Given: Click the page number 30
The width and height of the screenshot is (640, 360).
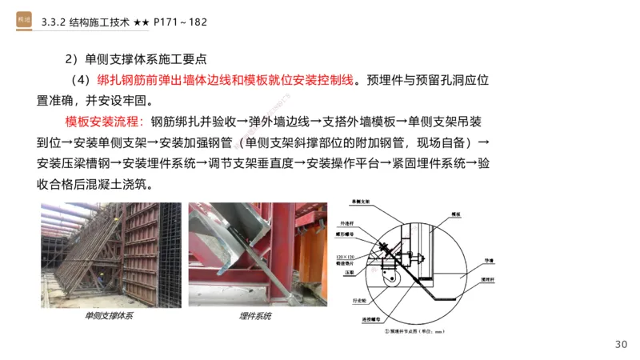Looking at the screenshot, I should coord(621,344).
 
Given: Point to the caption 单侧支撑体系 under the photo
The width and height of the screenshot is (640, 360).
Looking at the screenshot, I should coord(109,316).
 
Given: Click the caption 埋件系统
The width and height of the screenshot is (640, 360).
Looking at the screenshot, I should coord(255,316).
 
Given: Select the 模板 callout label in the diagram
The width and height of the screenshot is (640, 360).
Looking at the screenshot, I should coord(457,214).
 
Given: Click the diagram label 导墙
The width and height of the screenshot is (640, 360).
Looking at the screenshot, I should coord(486,260).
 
